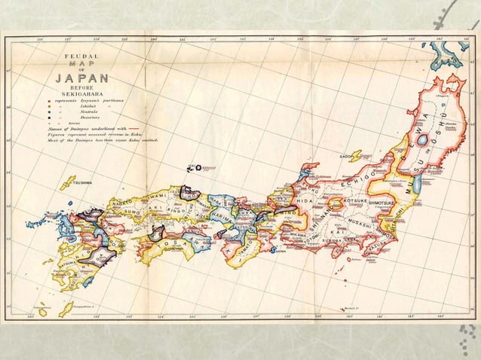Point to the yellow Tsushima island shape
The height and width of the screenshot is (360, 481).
pyautogui.click(x=68, y=183)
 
